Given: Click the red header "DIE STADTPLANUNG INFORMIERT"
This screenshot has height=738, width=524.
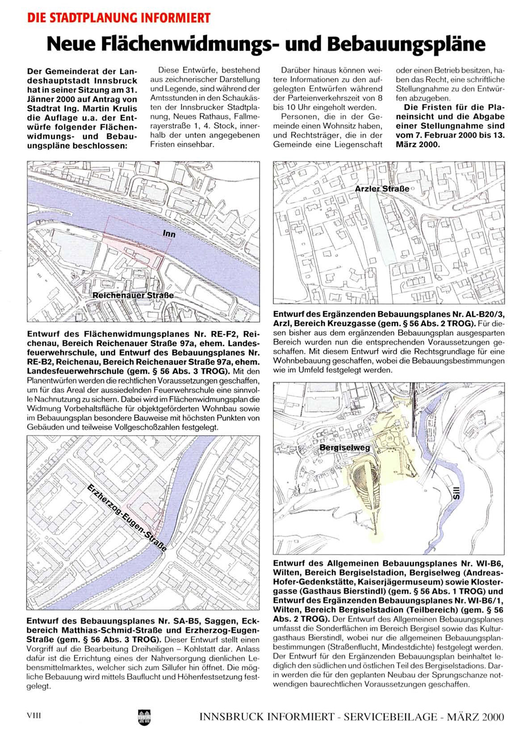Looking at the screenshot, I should pyautogui.click(x=118, y=18).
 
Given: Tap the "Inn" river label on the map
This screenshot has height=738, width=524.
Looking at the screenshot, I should pyautogui.click(x=169, y=233).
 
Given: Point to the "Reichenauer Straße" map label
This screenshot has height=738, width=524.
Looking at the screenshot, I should pyautogui.click(x=133, y=295).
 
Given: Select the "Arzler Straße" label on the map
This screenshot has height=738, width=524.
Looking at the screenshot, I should pyautogui.click(x=381, y=189).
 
